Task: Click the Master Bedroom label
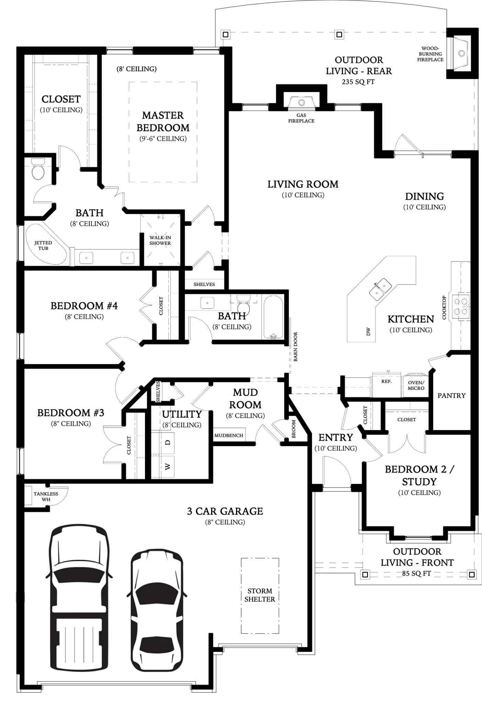[163, 121]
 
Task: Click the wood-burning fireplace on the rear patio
[461, 53]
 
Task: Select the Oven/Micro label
[416, 385]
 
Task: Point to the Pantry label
[451, 396]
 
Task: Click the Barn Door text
[295, 346]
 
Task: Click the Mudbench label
[229, 436]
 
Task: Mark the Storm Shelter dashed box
[260, 596]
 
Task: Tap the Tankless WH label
[46, 496]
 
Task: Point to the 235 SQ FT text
[358, 82]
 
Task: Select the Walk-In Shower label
[160, 240]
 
